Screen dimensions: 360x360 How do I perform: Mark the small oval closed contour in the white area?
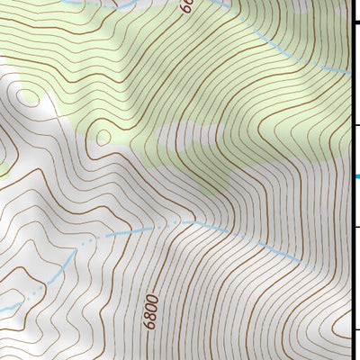(24, 100)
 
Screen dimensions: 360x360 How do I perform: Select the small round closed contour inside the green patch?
(103, 137)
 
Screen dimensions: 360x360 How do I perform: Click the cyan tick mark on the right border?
(356, 175)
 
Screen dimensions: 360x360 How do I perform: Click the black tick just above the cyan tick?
(355, 125)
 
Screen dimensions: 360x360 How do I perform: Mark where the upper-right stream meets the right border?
(349, 71)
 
